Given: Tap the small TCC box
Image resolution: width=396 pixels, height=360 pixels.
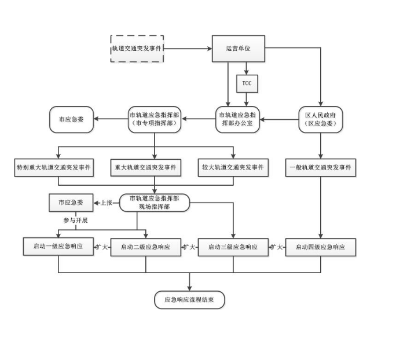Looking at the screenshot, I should pos(247,83).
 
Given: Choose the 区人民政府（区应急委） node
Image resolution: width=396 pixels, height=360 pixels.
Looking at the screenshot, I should pos(321,119).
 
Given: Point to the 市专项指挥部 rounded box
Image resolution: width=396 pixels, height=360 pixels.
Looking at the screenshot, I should pos(153,119).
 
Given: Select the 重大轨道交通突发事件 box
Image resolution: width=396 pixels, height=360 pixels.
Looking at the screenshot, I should pos(145,167).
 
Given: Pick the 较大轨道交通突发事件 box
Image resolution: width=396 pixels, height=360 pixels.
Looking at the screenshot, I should pos(233,167).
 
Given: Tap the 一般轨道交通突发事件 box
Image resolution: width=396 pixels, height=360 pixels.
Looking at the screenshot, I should pos(321,167).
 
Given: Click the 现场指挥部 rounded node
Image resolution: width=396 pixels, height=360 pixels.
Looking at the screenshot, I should pos(155,202).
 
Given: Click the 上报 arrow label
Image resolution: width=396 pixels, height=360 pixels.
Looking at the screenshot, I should pos(106,203).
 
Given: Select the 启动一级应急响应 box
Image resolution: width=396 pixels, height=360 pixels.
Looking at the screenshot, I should pos(58,247).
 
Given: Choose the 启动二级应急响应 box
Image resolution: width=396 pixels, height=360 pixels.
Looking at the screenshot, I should pos(145,247).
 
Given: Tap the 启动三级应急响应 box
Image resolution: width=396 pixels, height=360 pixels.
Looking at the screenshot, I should pos(233,247).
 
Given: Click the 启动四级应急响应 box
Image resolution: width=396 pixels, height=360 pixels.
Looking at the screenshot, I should pos(321,247).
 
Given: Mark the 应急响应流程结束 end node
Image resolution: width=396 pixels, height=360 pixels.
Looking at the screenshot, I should pos(190,300).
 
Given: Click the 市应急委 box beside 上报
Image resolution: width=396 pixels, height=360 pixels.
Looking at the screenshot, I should pos(71,203).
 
